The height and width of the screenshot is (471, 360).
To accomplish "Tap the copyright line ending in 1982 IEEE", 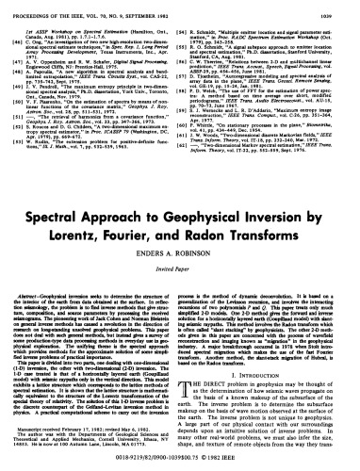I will click(x=179, y=465).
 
